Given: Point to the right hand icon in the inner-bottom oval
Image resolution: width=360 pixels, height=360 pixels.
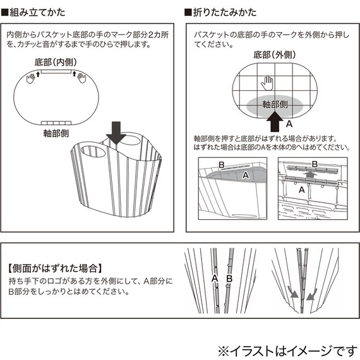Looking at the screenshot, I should [x=80, y=77].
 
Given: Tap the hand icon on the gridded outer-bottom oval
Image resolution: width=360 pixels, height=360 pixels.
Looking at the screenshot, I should [x=268, y=82].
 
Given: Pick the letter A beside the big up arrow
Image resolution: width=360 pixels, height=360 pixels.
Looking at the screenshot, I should [x=289, y=125].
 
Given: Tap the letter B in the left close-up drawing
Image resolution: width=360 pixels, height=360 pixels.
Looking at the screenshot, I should [x=221, y=164].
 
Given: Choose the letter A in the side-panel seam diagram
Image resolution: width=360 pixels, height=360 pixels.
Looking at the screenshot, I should [x=215, y=278].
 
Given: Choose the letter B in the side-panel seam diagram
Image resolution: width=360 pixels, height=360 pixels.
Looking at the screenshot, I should [x=229, y=278].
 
